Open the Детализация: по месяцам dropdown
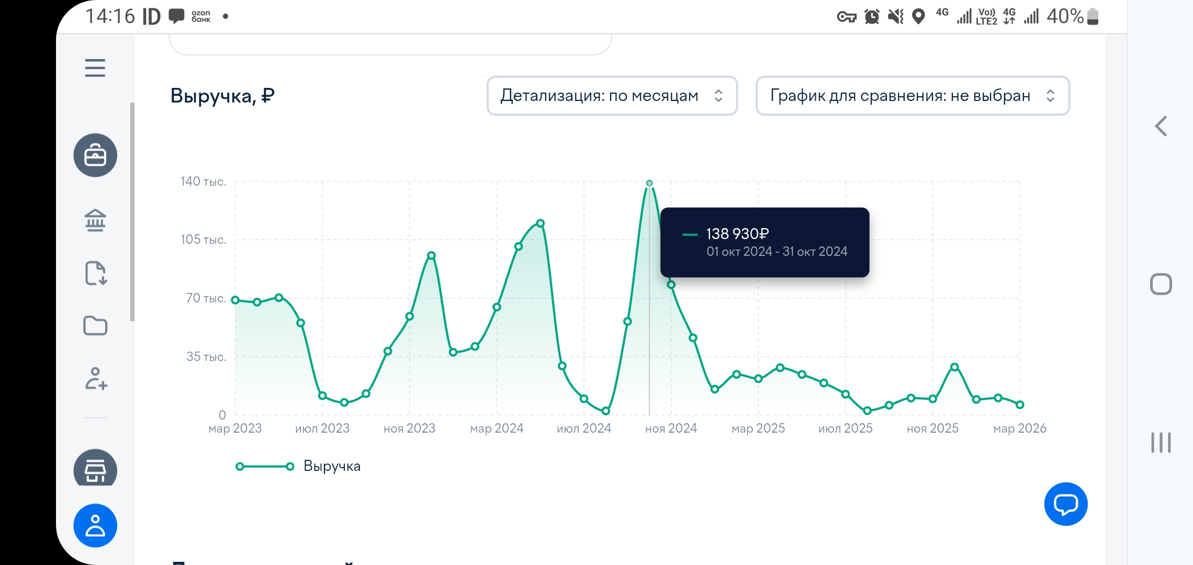tap(612, 96)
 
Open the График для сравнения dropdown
tap(912, 96)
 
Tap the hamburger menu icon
tap(95, 68)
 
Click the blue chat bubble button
tap(1065, 504)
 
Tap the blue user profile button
tap(95, 525)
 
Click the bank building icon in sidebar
tap(95, 220)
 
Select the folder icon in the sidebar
tap(95, 325)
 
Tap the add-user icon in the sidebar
tap(96, 378)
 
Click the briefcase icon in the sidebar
tap(95, 155)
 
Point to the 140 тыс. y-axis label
tap(203, 182)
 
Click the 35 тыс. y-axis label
tap(206, 357)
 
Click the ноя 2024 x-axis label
tap(671, 428)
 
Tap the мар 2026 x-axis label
tap(1019, 428)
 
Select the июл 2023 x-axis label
tap(322, 428)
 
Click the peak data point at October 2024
tap(649, 184)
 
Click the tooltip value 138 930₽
tap(737, 234)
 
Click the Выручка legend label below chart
tap(332, 466)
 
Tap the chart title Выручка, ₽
tap(222, 96)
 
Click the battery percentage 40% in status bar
tap(1064, 17)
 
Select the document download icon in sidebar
tap(95, 273)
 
